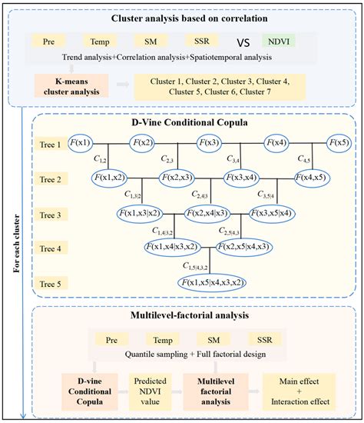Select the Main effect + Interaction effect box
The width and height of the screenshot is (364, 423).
coord(299,390)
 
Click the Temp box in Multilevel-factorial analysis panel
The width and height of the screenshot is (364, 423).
coord(163,338)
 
